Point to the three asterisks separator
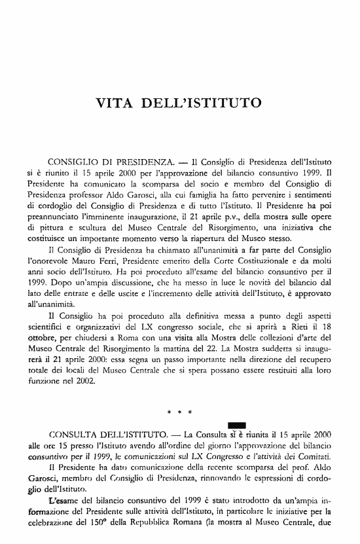(179, 413)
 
